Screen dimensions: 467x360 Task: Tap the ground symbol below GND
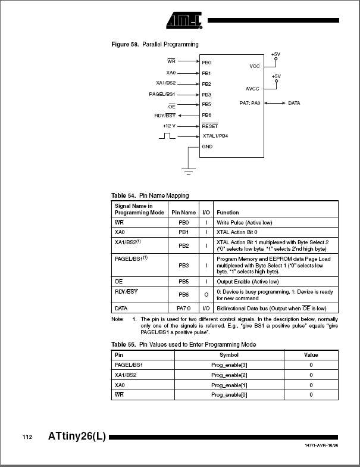click(x=189, y=172)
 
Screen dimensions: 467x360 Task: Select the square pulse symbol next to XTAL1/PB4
click(x=167, y=136)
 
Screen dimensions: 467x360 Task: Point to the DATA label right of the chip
click(x=294, y=103)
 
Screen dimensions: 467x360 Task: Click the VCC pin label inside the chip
click(x=254, y=66)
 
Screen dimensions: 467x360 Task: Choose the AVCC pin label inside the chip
click(x=252, y=88)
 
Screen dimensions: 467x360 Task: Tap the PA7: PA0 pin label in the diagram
click(x=249, y=103)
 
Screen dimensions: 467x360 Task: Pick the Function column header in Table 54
click(x=227, y=212)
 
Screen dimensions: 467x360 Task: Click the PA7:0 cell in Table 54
click(x=183, y=308)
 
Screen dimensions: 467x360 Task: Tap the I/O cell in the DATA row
click(x=206, y=308)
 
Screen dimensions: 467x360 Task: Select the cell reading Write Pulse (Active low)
click(x=244, y=222)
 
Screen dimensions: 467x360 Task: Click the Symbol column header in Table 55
click(x=228, y=354)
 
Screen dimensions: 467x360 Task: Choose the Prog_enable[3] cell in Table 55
click(x=228, y=365)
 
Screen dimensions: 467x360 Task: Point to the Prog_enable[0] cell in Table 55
click(x=228, y=395)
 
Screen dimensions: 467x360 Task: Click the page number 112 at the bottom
click(x=27, y=437)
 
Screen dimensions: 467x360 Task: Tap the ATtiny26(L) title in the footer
click(x=77, y=436)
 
